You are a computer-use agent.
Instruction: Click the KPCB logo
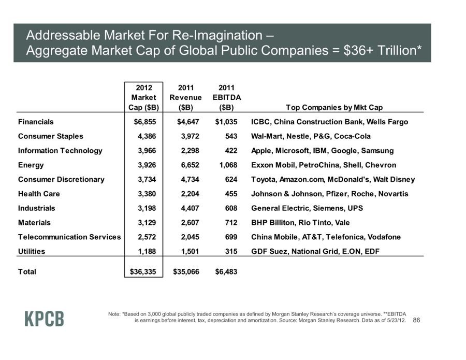tap(45, 319)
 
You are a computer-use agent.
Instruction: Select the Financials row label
tap(36, 122)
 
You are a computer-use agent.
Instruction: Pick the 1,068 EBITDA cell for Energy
tap(226, 165)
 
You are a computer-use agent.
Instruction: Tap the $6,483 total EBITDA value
tap(226, 271)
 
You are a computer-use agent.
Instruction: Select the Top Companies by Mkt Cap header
tap(334, 108)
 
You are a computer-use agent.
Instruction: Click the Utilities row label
tap(32, 251)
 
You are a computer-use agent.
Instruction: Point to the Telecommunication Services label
tap(69, 237)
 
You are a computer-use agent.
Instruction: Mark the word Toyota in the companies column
tap(263, 180)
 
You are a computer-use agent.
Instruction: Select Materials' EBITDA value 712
tap(231, 223)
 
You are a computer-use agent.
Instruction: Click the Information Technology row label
tap(60, 151)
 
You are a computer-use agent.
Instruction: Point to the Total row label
tap(27, 271)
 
